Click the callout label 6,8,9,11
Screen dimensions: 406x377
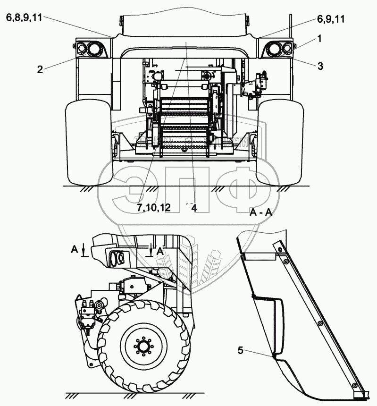pyautogui.click(x=25, y=17)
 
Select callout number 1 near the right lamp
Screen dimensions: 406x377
pyautogui.click(x=319, y=39)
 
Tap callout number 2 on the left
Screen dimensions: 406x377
pyautogui.click(x=40, y=69)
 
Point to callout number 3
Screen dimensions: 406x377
pyautogui.click(x=320, y=66)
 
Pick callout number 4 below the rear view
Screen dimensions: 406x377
pyautogui.click(x=193, y=208)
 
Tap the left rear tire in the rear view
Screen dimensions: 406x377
pyautogui.click(x=89, y=142)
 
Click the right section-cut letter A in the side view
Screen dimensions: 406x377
pyautogui.click(x=160, y=251)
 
